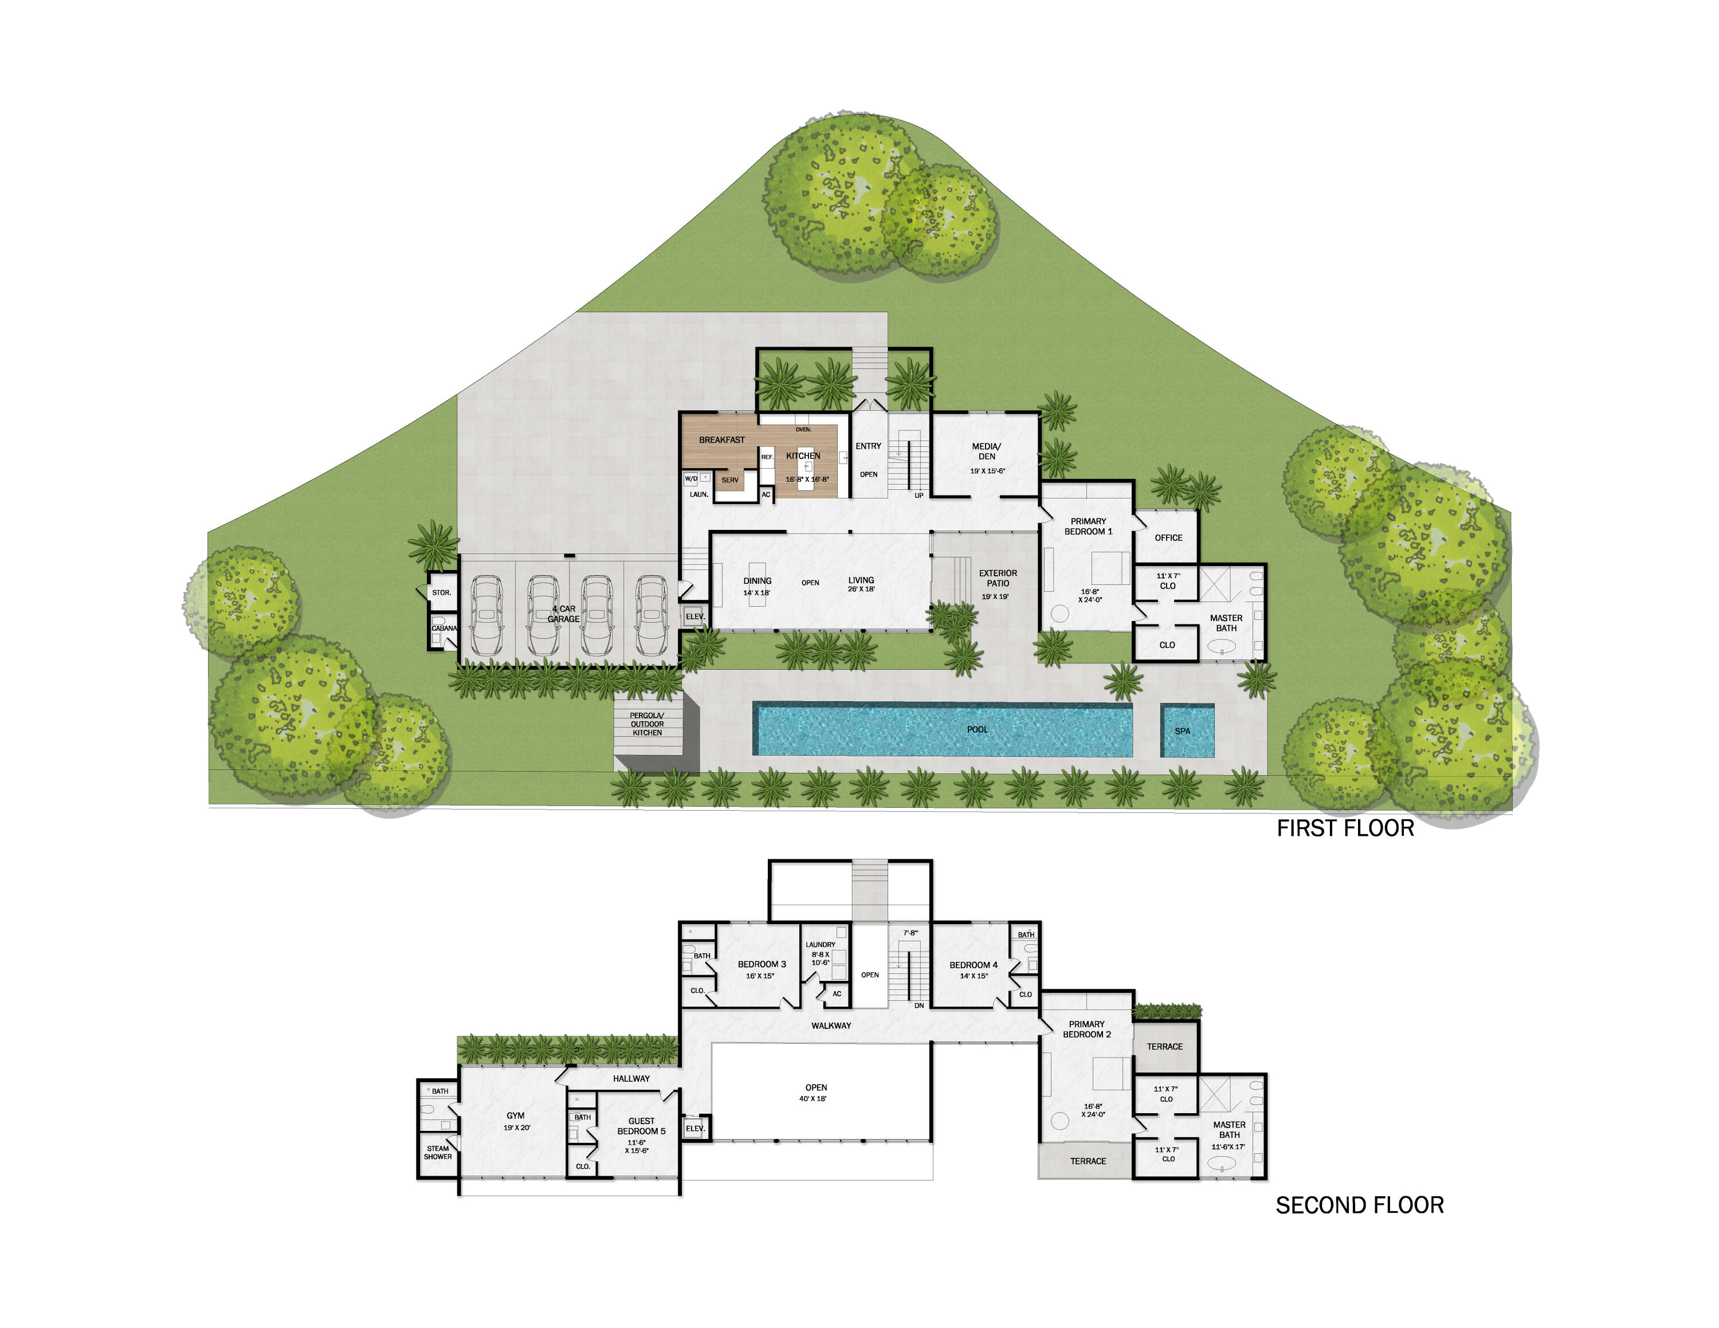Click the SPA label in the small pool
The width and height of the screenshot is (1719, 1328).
pos(1182,731)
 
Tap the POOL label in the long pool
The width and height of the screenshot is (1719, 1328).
pos(977,729)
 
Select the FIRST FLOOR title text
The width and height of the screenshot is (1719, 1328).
pos(1345,828)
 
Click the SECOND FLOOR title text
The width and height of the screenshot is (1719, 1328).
pos(1359,1205)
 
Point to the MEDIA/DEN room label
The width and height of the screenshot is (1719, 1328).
pos(986,451)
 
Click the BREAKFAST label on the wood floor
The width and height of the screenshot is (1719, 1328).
pos(722,440)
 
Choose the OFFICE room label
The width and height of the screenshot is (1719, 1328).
pos(1168,538)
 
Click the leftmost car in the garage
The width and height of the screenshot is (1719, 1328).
pos(486,615)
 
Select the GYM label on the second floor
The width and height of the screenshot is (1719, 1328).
pos(516,1115)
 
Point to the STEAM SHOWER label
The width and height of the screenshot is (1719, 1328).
pos(438,1153)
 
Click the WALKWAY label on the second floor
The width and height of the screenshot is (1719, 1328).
pos(831,1025)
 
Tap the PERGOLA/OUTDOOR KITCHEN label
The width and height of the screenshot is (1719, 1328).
pos(647,724)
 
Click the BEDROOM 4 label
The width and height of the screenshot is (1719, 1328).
pos(973,965)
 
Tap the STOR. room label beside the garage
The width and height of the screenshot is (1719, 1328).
pos(442,592)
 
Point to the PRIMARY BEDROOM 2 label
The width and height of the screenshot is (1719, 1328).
pos(1086,1029)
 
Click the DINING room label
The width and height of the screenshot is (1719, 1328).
pos(757,580)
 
